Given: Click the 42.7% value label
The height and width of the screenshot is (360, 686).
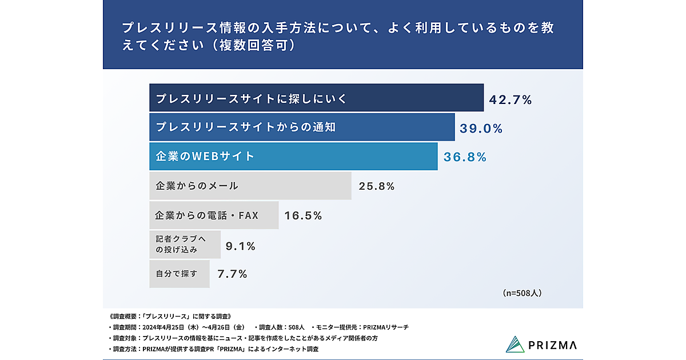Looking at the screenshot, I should click(x=510, y=100).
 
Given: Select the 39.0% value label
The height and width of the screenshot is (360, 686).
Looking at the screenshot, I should click(x=481, y=129).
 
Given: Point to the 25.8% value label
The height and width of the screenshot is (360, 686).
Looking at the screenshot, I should click(x=377, y=186).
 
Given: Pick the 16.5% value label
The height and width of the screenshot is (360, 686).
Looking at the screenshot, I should click(x=304, y=215).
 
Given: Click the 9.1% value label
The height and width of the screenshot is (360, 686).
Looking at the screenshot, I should click(x=241, y=246).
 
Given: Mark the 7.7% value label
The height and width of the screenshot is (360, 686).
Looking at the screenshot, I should click(x=232, y=274).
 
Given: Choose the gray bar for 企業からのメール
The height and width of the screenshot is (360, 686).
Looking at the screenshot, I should click(x=250, y=186).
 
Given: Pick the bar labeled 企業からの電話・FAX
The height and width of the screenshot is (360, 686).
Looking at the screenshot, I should click(x=214, y=215).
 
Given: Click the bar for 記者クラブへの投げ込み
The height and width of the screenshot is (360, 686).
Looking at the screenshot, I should click(x=185, y=245).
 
